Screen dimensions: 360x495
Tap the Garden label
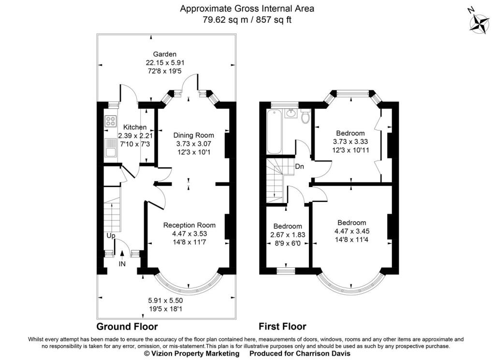[x=165, y=54]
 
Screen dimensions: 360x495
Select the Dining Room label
[x=193, y=135]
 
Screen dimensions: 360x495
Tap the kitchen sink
[x=110, y=148]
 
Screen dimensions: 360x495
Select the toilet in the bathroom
[x=306, y=117]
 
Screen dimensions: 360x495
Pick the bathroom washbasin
[x=291, y=114]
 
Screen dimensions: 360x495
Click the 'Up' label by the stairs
[x=111, y=236]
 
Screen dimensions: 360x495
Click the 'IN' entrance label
[x=123, y=265]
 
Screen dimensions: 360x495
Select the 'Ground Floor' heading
[x=127, y=326]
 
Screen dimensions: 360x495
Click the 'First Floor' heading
[x=282, y=326]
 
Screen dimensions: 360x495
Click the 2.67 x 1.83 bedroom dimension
[x=288, y=235]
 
